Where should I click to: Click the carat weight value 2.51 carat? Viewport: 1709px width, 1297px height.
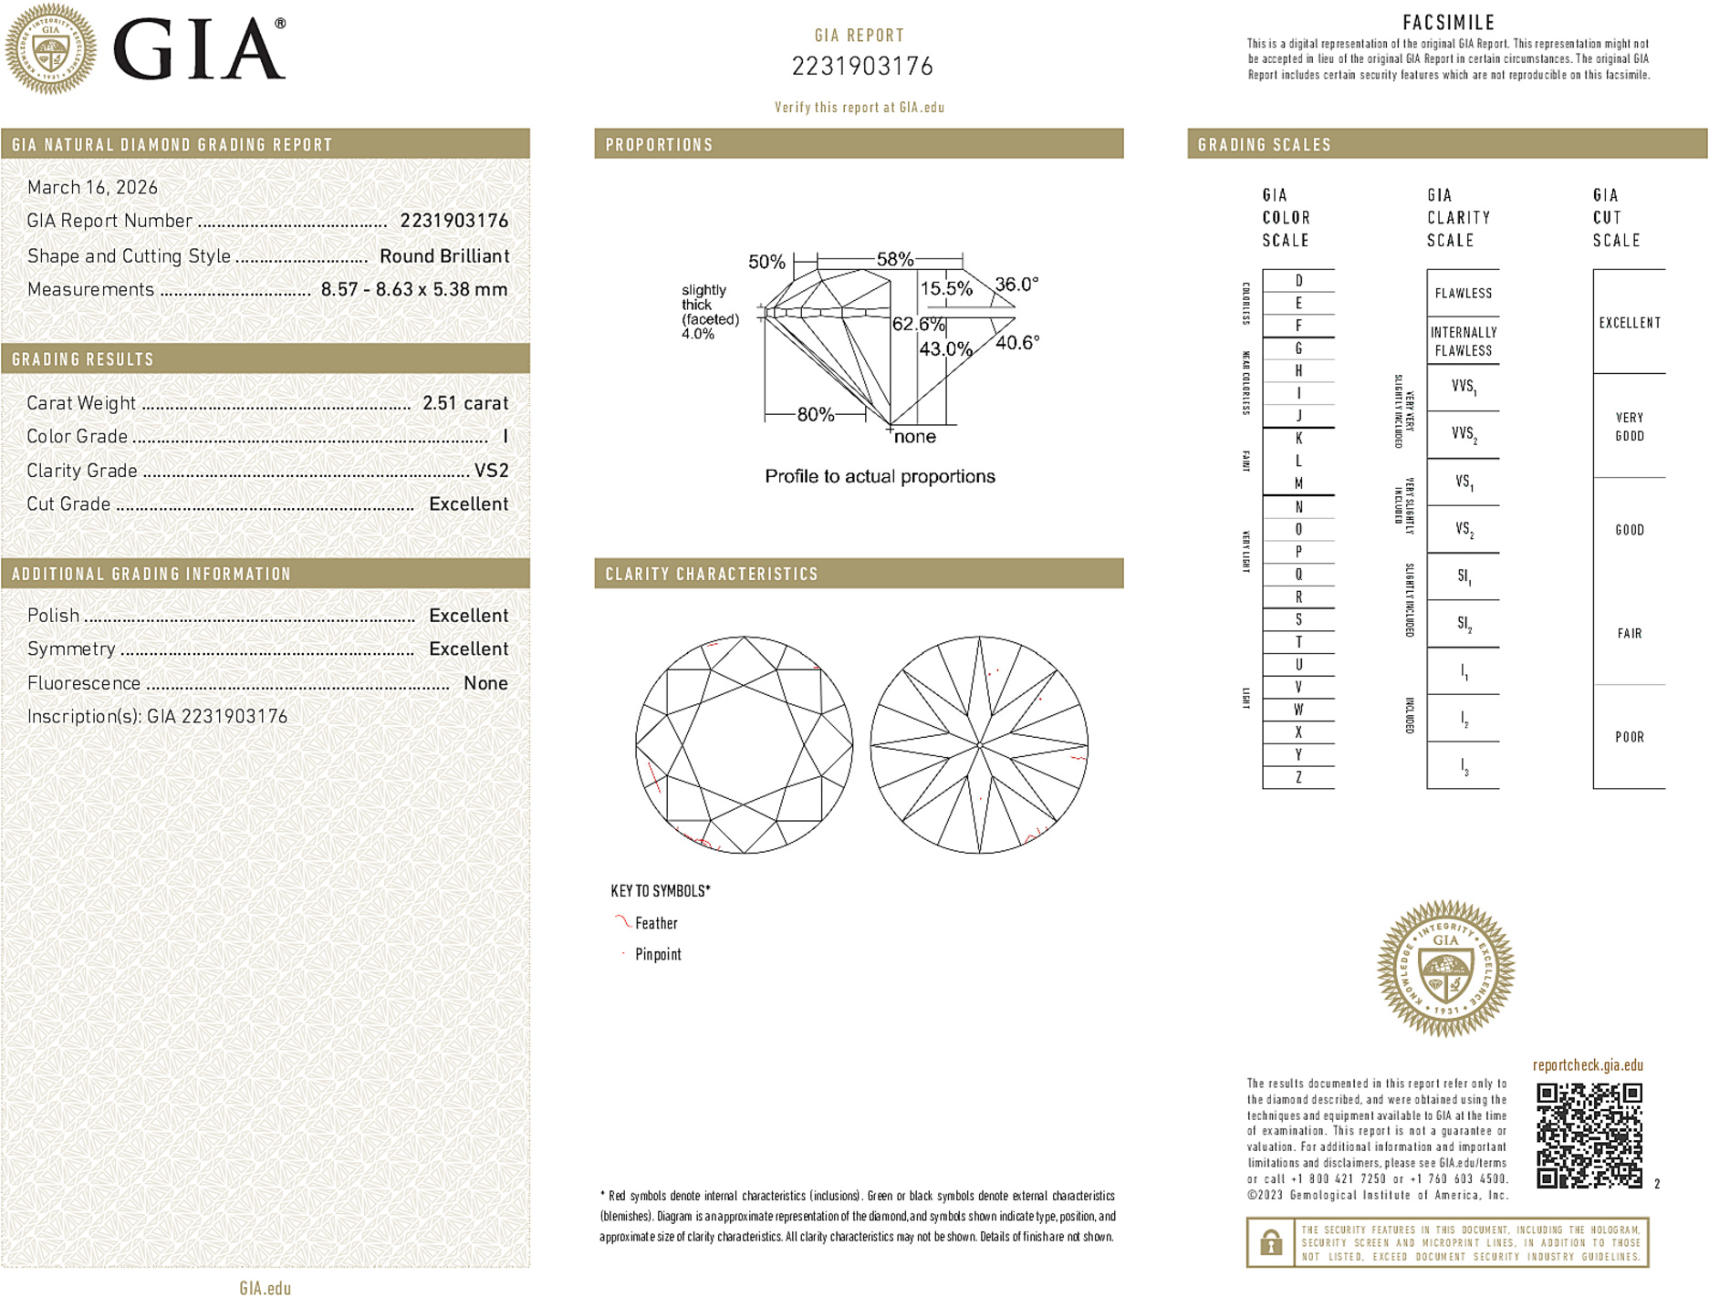point(464,403)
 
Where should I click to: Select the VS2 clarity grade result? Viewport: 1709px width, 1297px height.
point(491,471)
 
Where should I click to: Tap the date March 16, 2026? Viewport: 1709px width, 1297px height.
point(92,187)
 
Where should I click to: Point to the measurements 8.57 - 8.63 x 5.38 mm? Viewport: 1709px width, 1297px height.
point(413,289)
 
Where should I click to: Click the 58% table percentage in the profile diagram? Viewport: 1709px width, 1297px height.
point(894,259)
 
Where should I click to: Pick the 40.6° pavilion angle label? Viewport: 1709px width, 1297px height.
point(1016,343)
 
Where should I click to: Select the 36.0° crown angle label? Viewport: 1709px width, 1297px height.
point(1016,285)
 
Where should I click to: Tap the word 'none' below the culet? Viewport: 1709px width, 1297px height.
point(914,437)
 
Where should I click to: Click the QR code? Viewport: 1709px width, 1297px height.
point(1589,1135)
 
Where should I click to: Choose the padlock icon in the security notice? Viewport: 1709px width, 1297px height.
point(1270,1242)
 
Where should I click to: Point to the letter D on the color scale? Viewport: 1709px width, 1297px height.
point(1298,281)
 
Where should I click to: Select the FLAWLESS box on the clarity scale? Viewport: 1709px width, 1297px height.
point(1463,293)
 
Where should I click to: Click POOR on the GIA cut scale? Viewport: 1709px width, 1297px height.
point(1629,737)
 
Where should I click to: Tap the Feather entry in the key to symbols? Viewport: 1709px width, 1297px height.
point(655,923)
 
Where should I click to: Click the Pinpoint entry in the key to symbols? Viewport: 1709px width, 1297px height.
point(657,954)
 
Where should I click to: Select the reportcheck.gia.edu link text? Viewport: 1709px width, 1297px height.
point(1588,1065)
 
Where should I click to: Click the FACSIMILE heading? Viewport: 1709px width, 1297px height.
point(1448,23)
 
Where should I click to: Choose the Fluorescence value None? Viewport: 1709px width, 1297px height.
point(485,683)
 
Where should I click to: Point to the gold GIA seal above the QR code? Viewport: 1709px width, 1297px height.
point(1445,968)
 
